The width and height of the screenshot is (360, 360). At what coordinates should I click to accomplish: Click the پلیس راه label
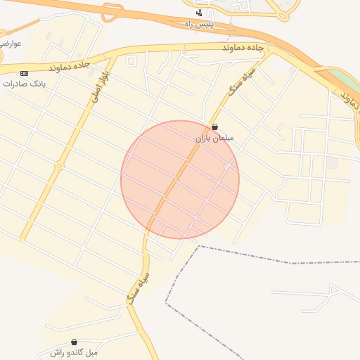(x=198, y=24)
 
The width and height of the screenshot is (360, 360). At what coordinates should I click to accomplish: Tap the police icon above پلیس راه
(x=199, y=13)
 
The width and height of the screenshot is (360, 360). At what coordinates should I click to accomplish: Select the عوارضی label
(x=11, y=44)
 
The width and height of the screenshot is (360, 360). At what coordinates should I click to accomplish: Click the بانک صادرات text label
(x=25, y=83)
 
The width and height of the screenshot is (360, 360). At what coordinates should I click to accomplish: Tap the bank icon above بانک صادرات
(x=25, y=73)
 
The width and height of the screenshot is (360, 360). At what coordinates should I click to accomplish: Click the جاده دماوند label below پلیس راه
(x=242, y=48)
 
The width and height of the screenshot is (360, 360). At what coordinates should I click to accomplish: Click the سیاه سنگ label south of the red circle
(x=138, y=288)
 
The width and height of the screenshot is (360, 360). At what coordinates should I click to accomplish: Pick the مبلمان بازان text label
(x=214, y=139)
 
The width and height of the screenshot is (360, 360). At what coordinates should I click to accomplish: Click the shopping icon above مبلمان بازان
(x=214, y=128)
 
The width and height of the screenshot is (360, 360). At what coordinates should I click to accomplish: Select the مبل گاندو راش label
(x=73, y=352)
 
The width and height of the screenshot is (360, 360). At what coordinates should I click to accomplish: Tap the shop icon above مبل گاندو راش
(x=74, y=342)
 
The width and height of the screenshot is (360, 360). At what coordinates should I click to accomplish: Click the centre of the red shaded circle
(x=180, y=179)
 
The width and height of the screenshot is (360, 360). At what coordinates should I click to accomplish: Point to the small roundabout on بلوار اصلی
(x=59, y=166)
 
